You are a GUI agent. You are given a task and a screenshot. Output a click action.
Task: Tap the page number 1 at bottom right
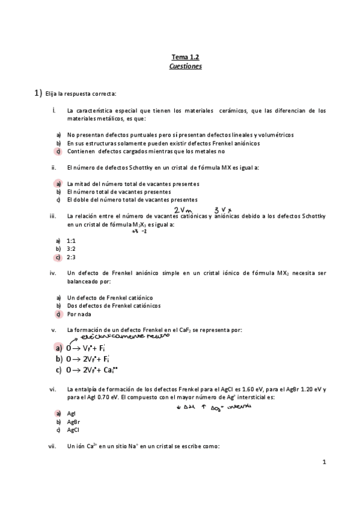(x=323, y=462)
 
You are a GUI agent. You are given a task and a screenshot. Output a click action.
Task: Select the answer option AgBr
(x=73, y=422)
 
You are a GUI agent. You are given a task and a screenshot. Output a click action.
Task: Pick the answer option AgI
(x=72, y=414)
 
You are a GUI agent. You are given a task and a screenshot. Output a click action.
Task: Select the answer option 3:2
(x=71, y=248)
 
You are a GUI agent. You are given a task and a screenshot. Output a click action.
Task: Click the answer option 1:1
(x=71, y=240)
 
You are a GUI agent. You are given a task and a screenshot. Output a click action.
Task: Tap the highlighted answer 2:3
(x=71, y=257)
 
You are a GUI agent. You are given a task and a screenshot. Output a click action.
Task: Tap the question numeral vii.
(x=53, y=446)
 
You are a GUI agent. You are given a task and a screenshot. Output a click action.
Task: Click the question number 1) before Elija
(x=38, y=93)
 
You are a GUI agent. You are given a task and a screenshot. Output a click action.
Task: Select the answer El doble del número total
(x=132, y=200)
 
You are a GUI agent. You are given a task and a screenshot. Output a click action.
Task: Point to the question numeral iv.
(x=53, y=272)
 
